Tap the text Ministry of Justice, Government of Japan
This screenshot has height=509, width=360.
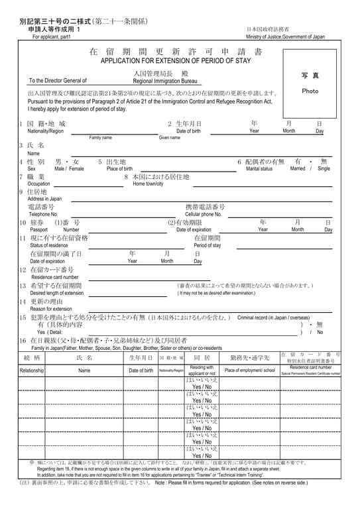[x=286, y=37]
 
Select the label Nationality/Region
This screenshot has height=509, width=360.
[x=41, y=131]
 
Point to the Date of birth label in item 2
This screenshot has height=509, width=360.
[x=188, y=131]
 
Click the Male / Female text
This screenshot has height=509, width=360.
[x=69, y=169]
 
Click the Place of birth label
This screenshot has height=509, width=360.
[x=119, y=169]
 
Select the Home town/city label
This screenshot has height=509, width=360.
[x=148, y=184]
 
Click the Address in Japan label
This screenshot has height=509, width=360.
[x=44, y=199]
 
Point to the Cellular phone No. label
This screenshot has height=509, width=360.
[x=203, y=214]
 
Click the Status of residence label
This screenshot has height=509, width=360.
[x=49, y=245]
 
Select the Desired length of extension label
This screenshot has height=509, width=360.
[x=57, y=292]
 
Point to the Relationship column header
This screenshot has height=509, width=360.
[x=31, y=370]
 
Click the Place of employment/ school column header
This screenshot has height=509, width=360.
[x=249, y=370]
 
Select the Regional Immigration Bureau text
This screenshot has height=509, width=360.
[x=165, y=80]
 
